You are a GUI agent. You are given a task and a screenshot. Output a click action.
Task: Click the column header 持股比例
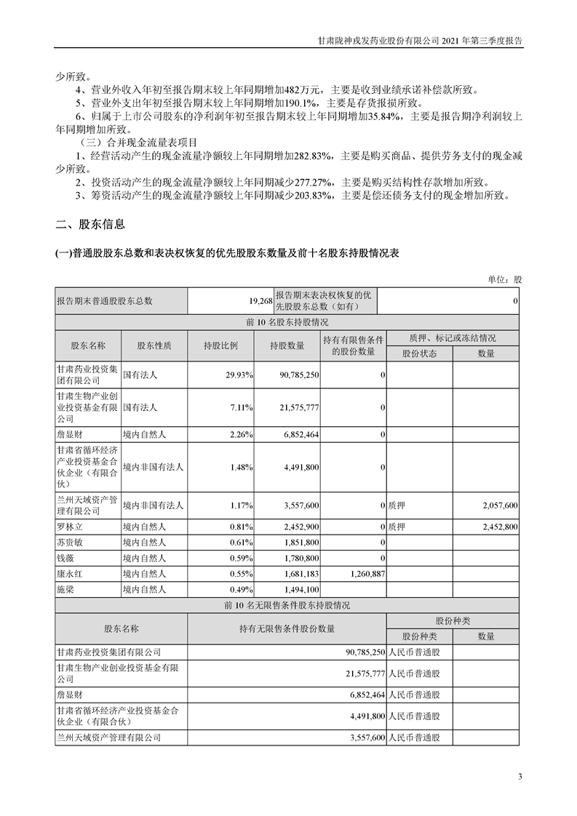[x=220, y=345]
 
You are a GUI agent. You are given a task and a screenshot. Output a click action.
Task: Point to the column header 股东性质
[x=154, y=345]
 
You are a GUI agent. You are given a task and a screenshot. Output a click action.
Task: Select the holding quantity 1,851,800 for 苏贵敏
[x=297, y=543]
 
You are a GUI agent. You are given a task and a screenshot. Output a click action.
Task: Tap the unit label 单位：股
[x=505, y=279]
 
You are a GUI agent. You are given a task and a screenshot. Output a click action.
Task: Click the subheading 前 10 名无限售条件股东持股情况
[x=287, y=605]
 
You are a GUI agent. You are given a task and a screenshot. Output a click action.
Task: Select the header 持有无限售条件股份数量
[x=287, y=628]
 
